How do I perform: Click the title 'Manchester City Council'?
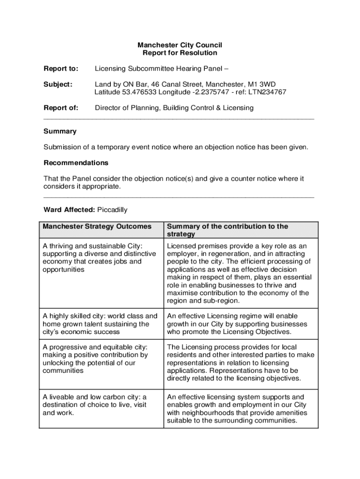180,45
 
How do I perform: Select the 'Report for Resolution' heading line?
180,53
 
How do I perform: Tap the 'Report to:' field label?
61,69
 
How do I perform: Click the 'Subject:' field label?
58,84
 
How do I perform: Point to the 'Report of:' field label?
61,108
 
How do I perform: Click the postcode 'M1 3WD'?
256,84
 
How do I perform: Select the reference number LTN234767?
268,92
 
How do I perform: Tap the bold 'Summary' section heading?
60,131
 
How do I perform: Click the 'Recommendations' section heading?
76,163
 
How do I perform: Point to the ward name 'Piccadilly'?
112,210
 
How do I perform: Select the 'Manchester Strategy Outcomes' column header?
97,226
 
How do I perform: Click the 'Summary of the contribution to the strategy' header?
227,230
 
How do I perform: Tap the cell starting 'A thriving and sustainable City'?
99,258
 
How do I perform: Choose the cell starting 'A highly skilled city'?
100,324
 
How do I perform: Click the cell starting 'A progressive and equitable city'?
95,359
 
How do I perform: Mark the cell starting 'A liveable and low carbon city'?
94,405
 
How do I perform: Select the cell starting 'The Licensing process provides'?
240,363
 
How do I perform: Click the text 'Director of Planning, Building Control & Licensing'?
174,108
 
